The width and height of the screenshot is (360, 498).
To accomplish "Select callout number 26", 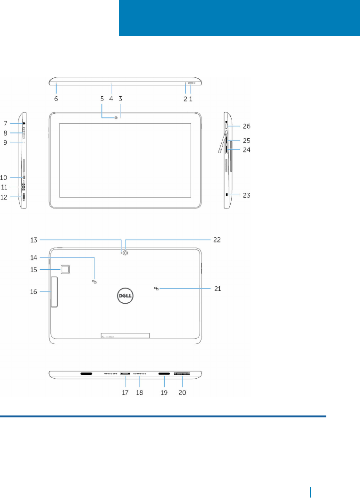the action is (246, 126).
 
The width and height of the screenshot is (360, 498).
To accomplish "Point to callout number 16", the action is (38, 291).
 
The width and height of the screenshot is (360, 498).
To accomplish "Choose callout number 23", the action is (246, 195).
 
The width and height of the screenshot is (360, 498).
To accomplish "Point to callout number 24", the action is (246, 150).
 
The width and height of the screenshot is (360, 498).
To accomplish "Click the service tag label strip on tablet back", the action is (126, 335).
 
